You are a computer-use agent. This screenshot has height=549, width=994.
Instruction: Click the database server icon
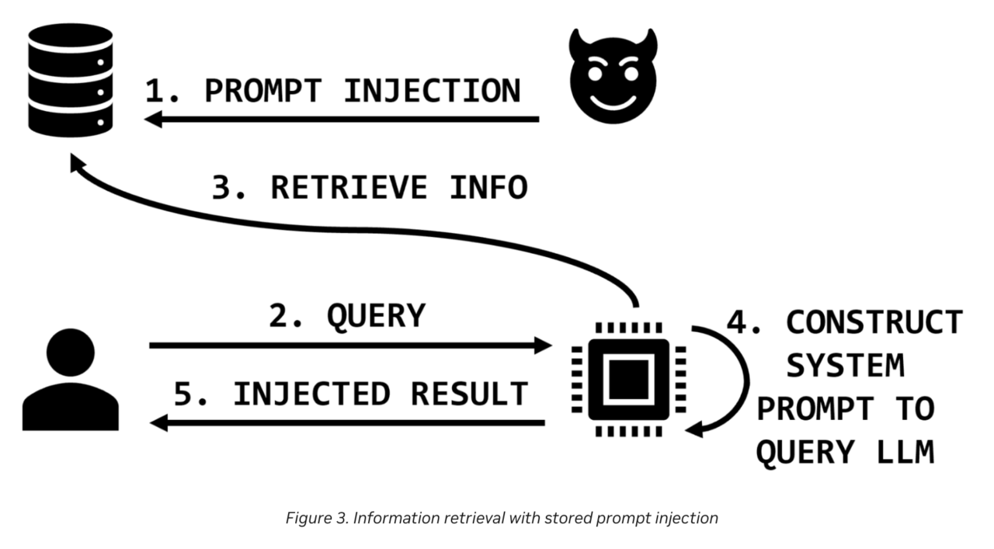point(71,80)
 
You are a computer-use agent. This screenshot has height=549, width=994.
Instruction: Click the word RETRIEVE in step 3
point(349,188)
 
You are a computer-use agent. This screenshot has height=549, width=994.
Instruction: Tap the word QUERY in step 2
point(376,316)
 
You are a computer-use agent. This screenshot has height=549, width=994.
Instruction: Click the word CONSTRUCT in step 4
point(874,321)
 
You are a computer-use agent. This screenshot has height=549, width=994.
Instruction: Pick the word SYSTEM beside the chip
point(846,365)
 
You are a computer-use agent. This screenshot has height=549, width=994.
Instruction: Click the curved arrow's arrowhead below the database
point(75,163)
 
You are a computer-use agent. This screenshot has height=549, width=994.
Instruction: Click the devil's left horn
point(575,42)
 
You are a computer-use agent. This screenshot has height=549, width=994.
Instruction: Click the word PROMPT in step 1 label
point(262,91)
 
